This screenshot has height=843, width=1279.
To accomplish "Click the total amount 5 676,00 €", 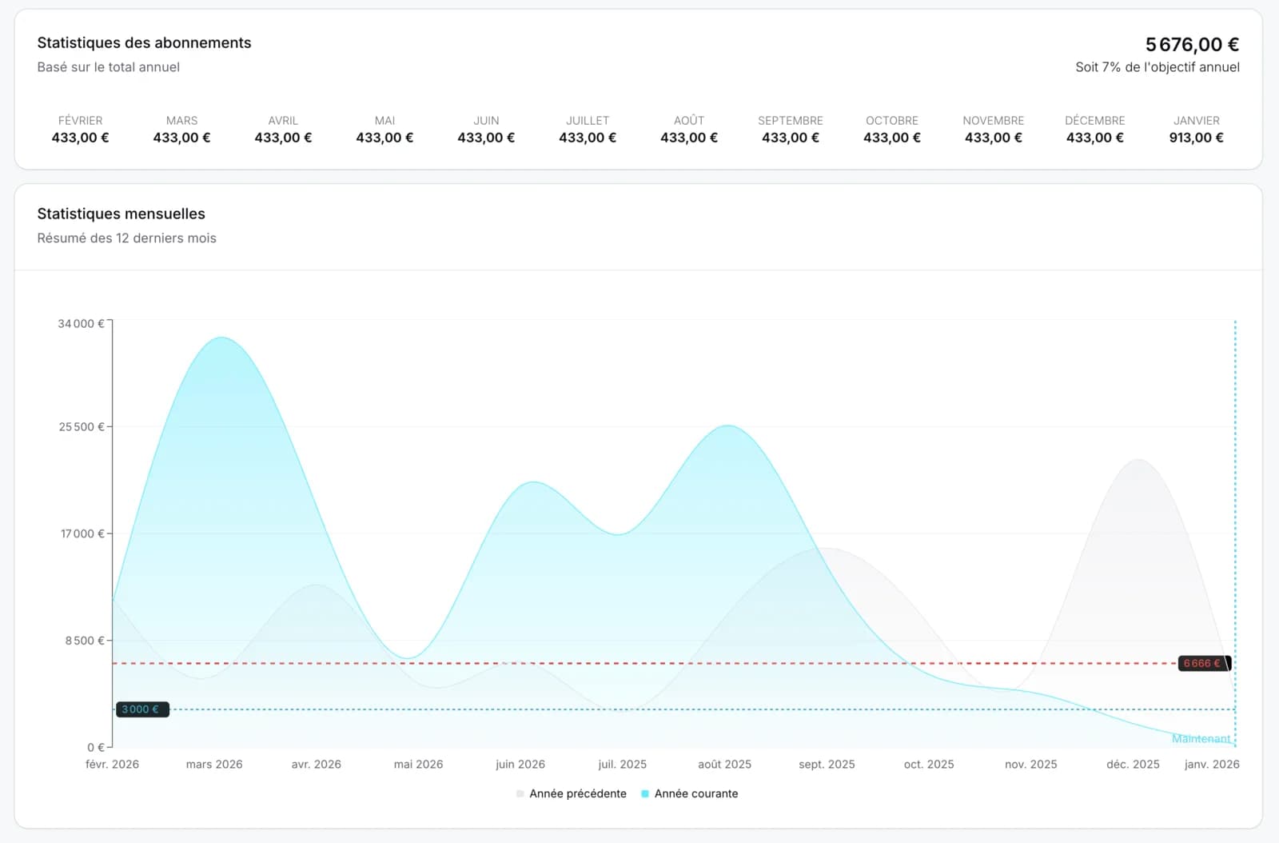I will pos(1191,45).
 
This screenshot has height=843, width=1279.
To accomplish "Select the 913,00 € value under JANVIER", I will pos(1196,138).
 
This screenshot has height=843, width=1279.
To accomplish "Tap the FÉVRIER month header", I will pos(80,121).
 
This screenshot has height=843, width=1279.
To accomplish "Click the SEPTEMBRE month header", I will pos(790,121).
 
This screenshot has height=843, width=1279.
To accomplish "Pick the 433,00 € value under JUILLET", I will pos(588,138).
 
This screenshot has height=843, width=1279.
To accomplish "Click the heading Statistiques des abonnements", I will pos(144,43).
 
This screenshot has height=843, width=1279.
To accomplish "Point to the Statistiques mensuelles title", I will pos(121,214).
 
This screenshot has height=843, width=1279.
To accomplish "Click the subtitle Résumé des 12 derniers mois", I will pos(126,238).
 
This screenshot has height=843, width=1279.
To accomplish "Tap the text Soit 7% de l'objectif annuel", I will pos(1157,67).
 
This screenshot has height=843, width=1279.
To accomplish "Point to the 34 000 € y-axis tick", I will pos(81,324).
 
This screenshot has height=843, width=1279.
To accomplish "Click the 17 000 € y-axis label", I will pos(82,533).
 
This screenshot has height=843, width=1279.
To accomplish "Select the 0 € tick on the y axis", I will pos(95,747).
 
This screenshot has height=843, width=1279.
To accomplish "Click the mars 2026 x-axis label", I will pos(214,765).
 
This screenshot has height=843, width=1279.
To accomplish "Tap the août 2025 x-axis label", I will pos(724,765).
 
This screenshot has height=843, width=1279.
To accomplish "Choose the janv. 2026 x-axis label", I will pos(1211,765).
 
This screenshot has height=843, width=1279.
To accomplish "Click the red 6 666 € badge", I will pos(1203,663).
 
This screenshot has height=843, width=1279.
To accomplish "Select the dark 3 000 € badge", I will pos(141,709).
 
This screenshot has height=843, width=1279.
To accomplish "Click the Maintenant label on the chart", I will pos(1201,738).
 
